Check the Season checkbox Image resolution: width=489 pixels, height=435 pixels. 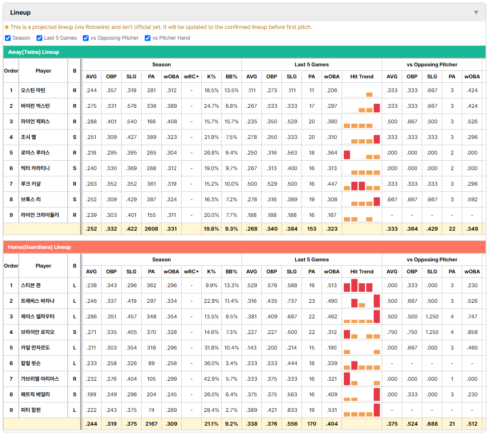[8, 38]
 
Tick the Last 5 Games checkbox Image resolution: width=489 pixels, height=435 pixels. [39, 38]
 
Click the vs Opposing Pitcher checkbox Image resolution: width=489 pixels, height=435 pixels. [86, 38]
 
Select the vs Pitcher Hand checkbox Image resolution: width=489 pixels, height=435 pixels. [147, 38]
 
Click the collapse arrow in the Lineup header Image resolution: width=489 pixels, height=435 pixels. [476, 12]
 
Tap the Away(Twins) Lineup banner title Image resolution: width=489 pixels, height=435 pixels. [34, 52]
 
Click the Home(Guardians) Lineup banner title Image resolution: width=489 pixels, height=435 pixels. [39, 247]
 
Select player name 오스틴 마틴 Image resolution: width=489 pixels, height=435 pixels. [33, 90]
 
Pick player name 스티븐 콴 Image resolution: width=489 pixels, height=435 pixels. [31, 285]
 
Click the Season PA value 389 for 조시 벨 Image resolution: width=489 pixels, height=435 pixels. [151, 137]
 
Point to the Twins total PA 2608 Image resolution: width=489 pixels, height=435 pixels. [151, 229]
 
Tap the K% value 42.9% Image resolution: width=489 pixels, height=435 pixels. [212, 379]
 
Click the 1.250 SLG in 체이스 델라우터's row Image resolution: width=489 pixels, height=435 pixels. [432, 317]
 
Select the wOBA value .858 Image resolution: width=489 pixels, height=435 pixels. [472, 332]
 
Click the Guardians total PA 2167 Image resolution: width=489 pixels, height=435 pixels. [151, 424]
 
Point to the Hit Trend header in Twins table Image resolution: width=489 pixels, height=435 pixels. [362, 77]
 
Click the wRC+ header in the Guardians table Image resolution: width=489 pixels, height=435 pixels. [192, 272]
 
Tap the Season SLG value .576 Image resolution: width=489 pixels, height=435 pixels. [131, 106]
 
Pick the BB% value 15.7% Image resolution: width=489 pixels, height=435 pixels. [232, 122]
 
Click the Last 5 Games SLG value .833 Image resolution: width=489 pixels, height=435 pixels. [292, 410]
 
